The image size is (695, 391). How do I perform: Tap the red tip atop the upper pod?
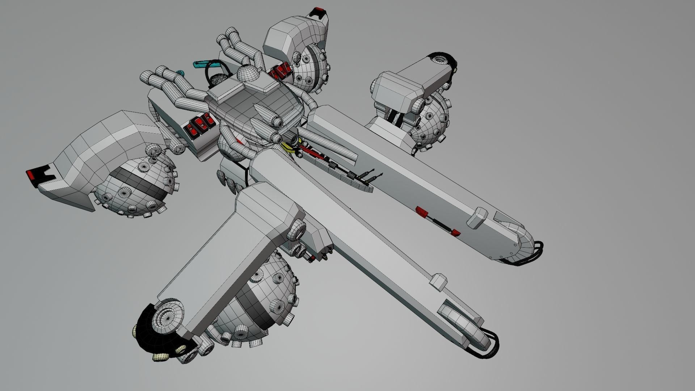pyautogui.click(x=318, y=9)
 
